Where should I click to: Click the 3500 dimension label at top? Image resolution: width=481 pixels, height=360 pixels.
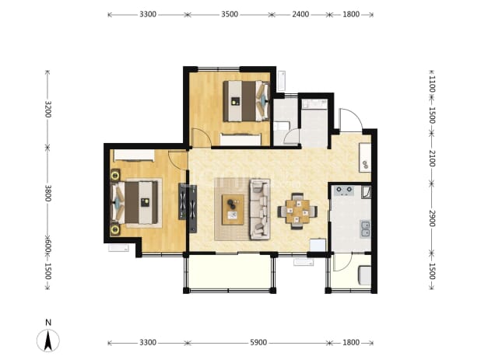(230, 15)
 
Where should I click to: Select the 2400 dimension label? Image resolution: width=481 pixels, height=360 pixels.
(300, 15)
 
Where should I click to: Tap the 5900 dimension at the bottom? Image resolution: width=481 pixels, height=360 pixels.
(258, 343)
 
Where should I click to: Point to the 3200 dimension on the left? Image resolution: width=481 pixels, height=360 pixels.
(47, 109)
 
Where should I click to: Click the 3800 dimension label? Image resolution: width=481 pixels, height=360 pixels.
(47, 193)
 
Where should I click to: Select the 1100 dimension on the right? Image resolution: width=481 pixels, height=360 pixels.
(432, 84)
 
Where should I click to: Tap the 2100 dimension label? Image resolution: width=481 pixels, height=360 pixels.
(432, 159)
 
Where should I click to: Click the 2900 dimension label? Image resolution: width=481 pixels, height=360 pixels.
(432, 218)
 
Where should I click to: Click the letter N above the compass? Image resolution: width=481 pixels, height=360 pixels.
(48, 323)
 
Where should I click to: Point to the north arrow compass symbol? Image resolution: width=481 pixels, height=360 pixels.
(48, 341)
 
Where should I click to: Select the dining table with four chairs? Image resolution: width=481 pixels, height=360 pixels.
(297, 211)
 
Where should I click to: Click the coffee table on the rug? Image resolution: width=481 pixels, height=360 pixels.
(233, 209)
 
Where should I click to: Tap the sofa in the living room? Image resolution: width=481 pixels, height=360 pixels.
(260, 209)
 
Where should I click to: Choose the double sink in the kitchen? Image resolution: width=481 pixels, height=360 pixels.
(365, 229)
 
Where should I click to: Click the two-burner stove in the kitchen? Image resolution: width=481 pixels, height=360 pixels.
(344, 190)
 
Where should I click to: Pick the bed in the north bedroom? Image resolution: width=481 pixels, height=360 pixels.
(246, 101)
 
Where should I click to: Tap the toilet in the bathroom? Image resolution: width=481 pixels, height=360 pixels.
(282, 126)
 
